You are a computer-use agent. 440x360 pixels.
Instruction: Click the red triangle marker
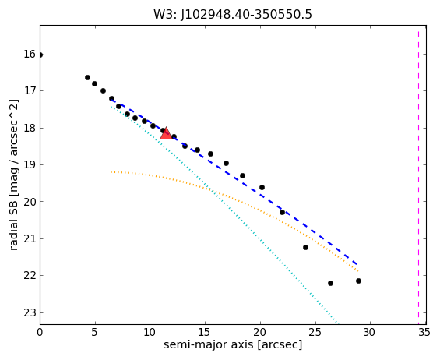tap(166, 134)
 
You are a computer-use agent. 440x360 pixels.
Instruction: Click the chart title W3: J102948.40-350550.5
tap(233, 14)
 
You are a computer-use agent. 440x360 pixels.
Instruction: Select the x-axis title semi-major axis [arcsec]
tap(233, 345)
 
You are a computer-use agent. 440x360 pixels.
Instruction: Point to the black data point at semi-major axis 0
tap(40, 55)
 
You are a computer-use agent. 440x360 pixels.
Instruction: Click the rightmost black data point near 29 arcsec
tap(358, 281)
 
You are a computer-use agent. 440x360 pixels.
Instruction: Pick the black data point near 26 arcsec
tap(330, 283)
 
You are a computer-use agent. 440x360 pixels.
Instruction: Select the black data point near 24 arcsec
tap(305, 247)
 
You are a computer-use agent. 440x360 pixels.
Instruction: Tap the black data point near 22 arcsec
tap(282, 212)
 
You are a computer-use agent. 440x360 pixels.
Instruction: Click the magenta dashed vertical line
tap(418, 175)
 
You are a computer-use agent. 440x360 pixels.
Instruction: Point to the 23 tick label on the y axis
tap(30, 312)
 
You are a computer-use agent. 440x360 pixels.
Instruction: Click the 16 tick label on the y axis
tap(30, 54)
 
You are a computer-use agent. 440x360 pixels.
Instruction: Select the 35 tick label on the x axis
tap(424, 333)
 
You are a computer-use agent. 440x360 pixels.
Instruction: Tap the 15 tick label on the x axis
tap(204, 333)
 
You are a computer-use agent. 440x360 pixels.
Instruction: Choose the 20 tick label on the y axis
tap(30, 202)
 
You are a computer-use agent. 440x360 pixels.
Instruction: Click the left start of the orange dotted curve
tap(111, 172)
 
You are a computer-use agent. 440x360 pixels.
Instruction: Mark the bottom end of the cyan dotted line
tap(337, 323)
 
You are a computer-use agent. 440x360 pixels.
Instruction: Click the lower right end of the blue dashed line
tap(357, 264)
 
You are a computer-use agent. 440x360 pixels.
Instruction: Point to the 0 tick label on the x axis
tap(40, 333)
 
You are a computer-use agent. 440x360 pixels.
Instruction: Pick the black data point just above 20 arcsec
tap(262, 187)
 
